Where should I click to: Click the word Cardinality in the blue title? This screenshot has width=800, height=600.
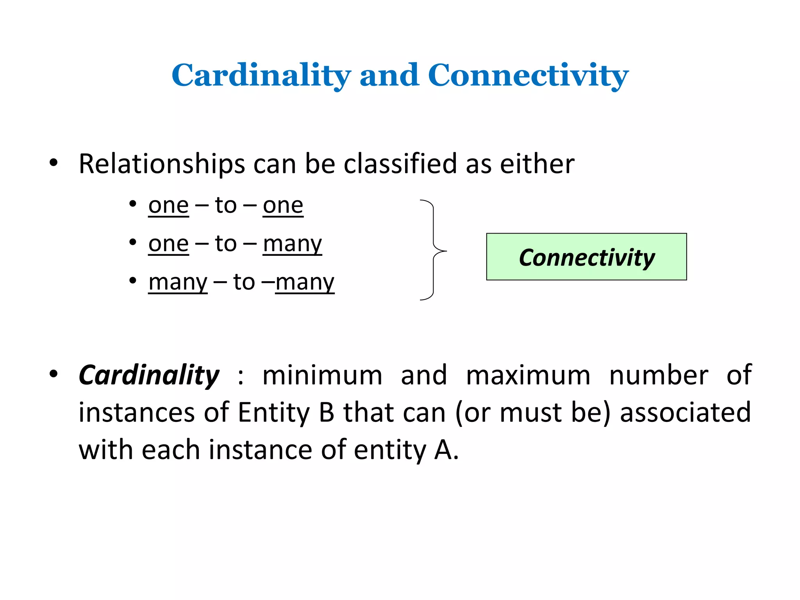click(x=261, y=75)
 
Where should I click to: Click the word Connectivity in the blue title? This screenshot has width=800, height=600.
click(x=528, y=75)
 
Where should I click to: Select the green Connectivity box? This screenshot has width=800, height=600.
click(x=586, y=257)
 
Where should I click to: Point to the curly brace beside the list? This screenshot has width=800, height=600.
click(x=433, y=250)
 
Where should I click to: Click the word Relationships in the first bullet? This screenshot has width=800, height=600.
click(x=161, y=164)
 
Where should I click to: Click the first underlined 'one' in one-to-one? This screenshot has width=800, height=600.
click(x=168, y=205)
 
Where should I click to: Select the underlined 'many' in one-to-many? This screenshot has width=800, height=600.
click(x=292, y=244)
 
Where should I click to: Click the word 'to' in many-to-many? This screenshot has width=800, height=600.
click(x=244, y=282)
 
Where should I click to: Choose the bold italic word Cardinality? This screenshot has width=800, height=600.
click(x=149, y=375)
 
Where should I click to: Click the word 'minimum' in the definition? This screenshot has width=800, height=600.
click(x=322, y=375)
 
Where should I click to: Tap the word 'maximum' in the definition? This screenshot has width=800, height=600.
click(x=528, y=375)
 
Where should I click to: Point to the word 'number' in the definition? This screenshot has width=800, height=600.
click(x=658, y=375)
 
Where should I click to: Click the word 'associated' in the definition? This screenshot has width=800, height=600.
click(x=685, y=412)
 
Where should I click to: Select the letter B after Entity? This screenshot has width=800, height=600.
click(x=326, y=412)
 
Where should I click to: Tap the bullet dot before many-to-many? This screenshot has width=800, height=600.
click(x=133, y=280)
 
